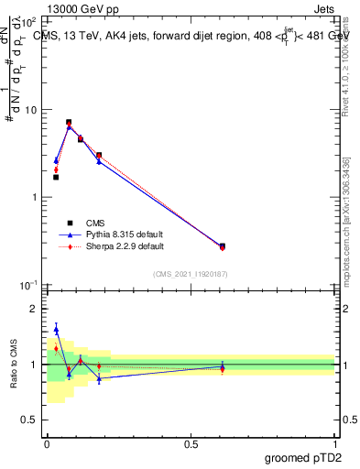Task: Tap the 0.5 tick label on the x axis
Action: pos(191,444)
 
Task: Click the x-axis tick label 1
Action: pos(335,444)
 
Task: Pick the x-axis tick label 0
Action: pos(47,444)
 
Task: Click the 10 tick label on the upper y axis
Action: pos(31,110)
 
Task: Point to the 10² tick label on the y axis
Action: pos(29,21)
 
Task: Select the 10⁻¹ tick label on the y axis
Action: pos(29,285)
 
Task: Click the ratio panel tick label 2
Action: pos(34,309)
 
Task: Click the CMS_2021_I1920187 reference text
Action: pos(191,274)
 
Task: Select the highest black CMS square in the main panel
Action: pos(69,122)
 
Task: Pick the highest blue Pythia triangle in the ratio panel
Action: pos(56,329)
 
